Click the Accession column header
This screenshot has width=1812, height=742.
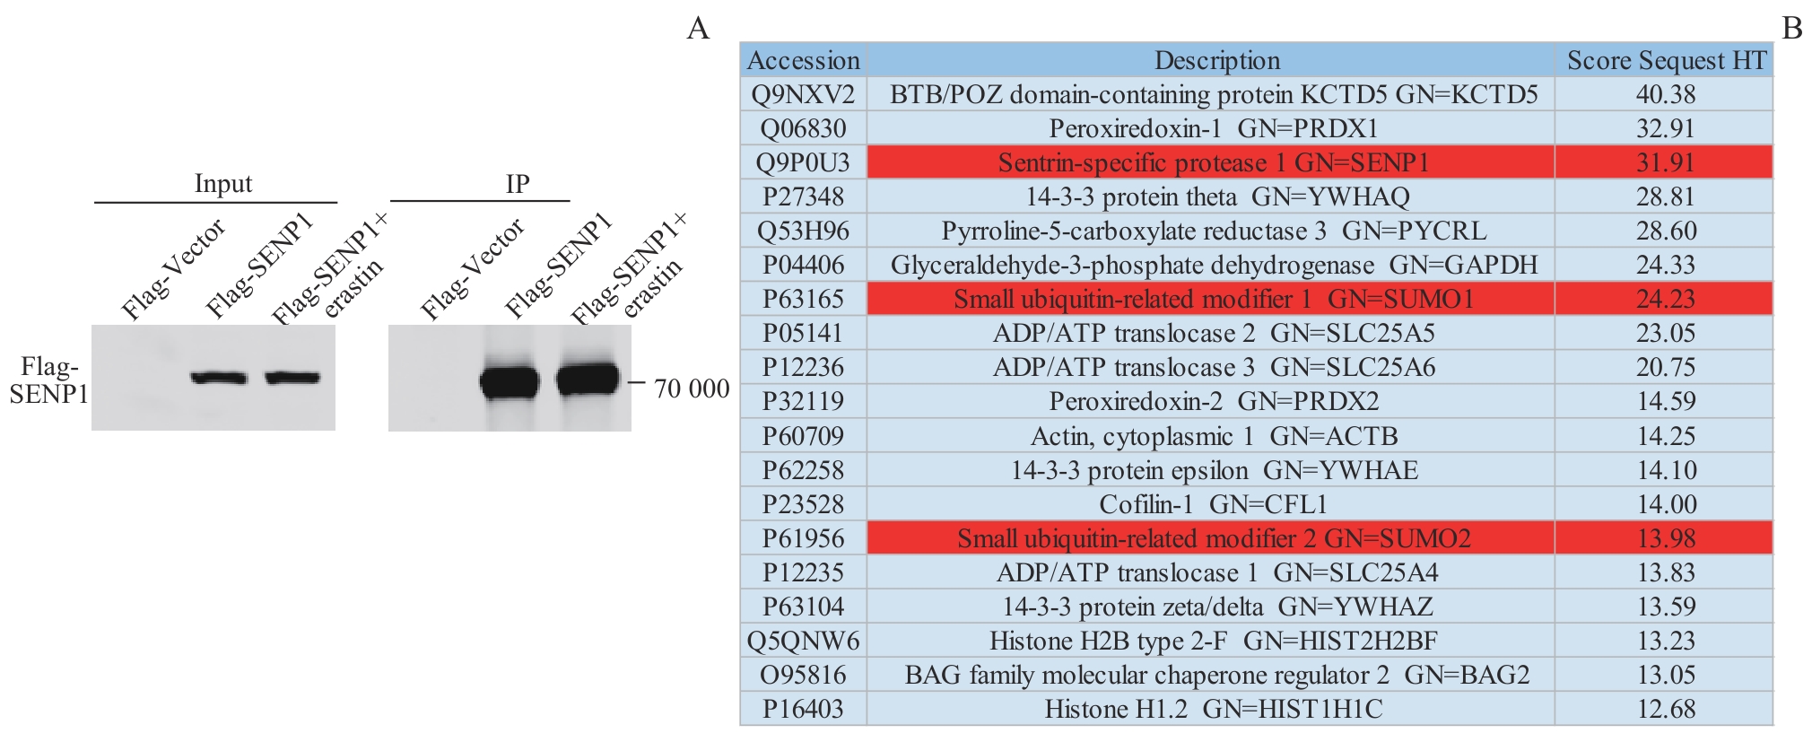803,60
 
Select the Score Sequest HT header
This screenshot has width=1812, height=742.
1666,60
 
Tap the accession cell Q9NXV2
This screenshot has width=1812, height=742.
803,94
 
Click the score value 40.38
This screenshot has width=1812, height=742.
1666,94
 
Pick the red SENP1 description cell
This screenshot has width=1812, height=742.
1213,162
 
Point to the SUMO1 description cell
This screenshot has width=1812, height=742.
1213,299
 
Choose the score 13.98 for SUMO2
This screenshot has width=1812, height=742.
1666,538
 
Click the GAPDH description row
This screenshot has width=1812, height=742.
1213,265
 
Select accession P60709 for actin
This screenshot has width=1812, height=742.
803,436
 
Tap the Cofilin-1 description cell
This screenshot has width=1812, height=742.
1213,504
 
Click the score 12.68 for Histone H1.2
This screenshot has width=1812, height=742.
1666,709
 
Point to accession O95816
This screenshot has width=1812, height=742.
803,675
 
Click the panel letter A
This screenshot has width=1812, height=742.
698,29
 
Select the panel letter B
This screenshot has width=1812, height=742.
1791,29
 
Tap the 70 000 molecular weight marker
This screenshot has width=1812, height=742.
691,388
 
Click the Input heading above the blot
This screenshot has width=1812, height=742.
223,183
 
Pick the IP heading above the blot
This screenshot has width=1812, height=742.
518,183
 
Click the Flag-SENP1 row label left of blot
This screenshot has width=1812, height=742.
48,380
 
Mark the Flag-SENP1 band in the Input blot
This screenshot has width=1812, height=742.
219,378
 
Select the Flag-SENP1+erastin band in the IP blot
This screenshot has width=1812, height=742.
588,380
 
